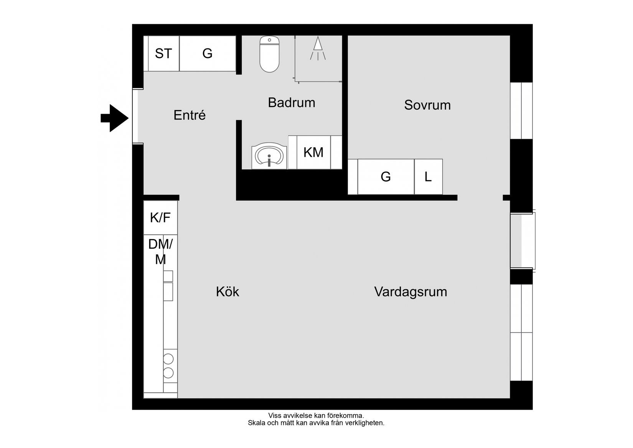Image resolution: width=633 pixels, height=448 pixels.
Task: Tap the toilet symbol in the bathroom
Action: [x=269, y=55]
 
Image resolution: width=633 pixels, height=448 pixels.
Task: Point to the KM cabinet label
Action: [x=313, y=153]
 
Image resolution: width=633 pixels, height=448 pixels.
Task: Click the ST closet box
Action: [x=163, y=53]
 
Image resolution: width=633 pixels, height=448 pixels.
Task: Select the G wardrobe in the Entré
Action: [x=208, y=53]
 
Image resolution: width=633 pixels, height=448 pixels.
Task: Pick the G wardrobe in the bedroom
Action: [x=386, y=177]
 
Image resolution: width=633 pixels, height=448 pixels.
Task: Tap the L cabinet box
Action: [x=428, y=177]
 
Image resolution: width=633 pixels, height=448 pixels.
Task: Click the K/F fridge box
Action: [x=160, y=218]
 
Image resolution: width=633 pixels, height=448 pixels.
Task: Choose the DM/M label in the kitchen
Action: [x=160, y=252]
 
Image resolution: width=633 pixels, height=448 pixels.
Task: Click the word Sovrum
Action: [x=427, y=105]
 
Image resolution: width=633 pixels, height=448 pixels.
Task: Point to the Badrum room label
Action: [x=292, y=103]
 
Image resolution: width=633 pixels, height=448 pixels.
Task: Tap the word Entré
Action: [x=190, y=115]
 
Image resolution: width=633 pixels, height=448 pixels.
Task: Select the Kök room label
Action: [x=227, y=292]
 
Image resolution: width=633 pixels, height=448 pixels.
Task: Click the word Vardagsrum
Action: [x=410, y=292]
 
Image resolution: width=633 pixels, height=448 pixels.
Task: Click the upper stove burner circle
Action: [x=168, y=359]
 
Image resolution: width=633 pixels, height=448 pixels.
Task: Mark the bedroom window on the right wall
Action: [x=521, y=111]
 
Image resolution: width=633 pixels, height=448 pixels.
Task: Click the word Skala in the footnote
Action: [x=256, y=423]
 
